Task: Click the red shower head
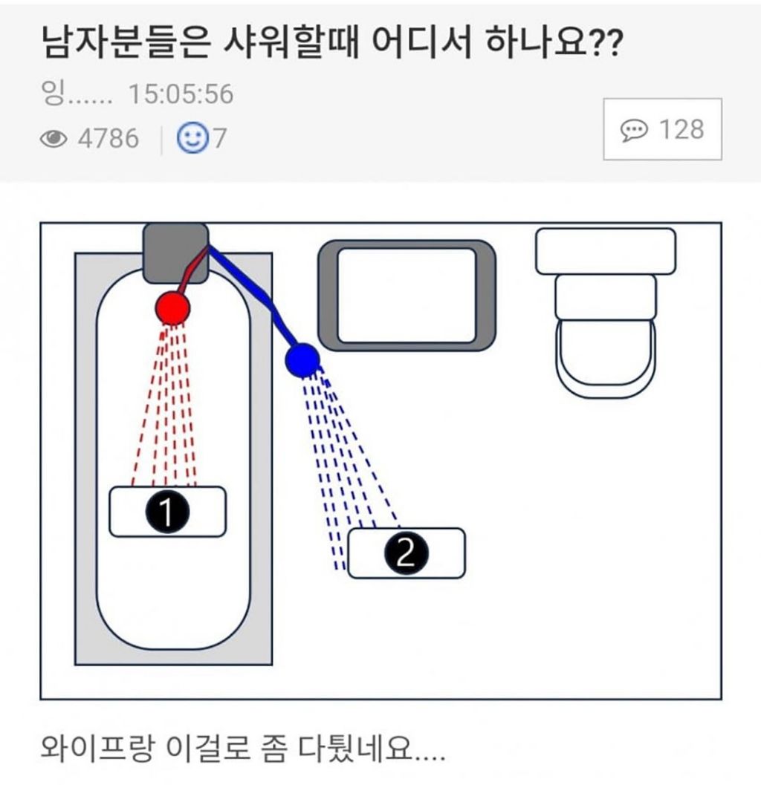click(172, 308)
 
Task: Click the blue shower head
click(302, 360)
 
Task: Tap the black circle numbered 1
click(167, 512)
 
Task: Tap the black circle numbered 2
click(407, 553)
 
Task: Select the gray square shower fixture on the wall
click(175, 253)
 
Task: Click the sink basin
click(407, 296)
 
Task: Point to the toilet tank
click(606, 251)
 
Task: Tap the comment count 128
click(681, 130)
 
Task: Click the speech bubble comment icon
click(634, 131)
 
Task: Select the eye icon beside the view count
click(53, 139)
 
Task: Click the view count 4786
click(109, 139)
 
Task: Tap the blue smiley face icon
click(192, 137)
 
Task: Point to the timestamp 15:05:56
click(181, 94)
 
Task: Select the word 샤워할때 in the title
click(291, 42)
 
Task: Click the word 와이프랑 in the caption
click(95, 749)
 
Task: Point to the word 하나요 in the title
click(536, 42)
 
